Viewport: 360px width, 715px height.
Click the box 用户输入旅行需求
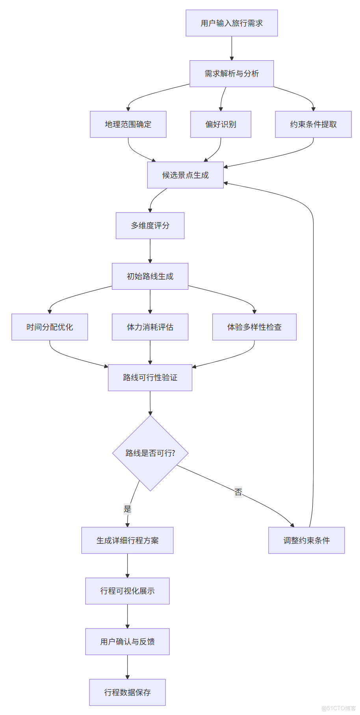coord(232,23)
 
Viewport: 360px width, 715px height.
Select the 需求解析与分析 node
coord(232,74)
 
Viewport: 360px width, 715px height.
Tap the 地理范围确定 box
coord(128,124)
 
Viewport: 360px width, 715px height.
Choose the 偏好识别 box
coord(221,124)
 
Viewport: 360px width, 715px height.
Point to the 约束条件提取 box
coord(313,124)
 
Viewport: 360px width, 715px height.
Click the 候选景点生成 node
coord(186,175)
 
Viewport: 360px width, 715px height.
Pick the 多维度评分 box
coord(150,226)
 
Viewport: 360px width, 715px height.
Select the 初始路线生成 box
coord(150,276)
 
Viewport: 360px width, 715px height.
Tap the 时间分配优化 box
coord(50,327)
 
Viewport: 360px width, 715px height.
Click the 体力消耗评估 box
coord(150,327)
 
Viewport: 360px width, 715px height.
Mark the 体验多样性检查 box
coord(254,327)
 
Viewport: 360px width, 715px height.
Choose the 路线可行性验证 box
coord(150,378)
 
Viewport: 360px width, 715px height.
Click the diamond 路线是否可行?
coord(150,453)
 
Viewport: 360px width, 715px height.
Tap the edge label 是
coord(128,509)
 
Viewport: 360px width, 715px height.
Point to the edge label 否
coord(238,492)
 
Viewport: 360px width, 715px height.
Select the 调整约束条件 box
coord(306,541)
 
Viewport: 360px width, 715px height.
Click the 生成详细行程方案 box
coord(128,541)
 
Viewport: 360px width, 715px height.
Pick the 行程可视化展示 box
coord(128,591)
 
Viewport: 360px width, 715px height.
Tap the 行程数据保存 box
coord(128,693)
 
